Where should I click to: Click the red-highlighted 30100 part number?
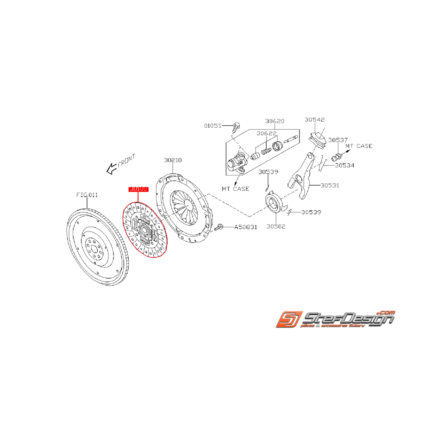pyautogui.click(x=138, y=189)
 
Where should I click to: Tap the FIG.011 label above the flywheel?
pyautogui.click(x=87, y=195)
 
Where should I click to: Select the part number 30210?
pyautogui.click(x=173, y=161)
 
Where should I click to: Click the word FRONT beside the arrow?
pyautogui.click(x=126, y=161)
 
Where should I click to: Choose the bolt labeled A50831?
pyautogui.click(x=219, y=227)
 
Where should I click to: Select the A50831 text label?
pyautogui.click(x=245, y=227)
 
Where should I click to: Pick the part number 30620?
pyautogui.click(x=275, y=121)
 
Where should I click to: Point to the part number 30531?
pyautogui.click(x=329, y=186)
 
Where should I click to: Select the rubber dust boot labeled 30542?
pyautogui.click(x=316, y=139)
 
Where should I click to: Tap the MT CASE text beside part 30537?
pyautogui.click(x=359, y=146)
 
